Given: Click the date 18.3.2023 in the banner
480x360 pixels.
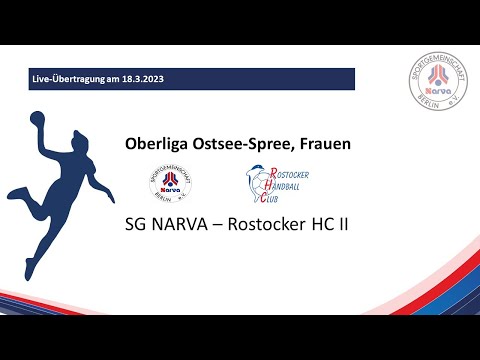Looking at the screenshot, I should pos(166,78).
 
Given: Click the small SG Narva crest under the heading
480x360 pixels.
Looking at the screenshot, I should pos(169,182).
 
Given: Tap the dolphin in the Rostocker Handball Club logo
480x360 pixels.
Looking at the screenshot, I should pos(259,183).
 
